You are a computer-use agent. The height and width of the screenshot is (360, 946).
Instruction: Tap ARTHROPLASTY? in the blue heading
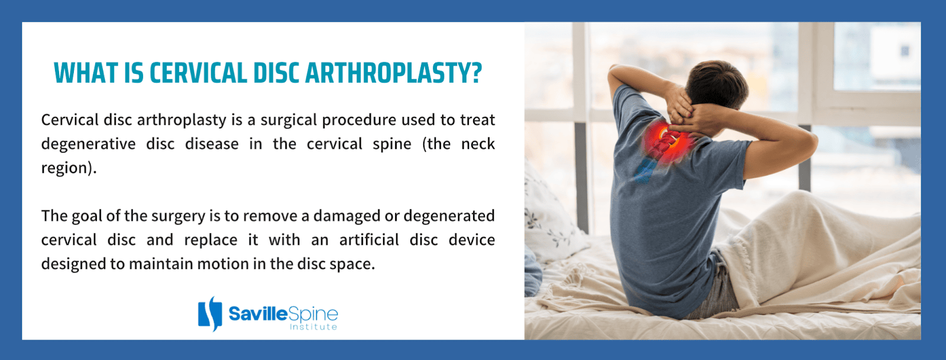(x=393, y=73)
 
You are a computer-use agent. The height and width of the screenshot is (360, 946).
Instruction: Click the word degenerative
(x=88, y=144)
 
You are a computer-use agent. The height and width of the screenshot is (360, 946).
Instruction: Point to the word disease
(x=212, y=144)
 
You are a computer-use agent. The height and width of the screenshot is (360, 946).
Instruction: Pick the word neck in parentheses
(x=478, y=144)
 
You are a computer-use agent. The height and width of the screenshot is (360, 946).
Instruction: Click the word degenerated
(x=449, y=216)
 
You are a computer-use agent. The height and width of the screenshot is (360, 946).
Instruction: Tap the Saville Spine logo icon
(x=210, y=313)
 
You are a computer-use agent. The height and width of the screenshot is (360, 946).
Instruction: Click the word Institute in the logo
(x=313, y=327)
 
